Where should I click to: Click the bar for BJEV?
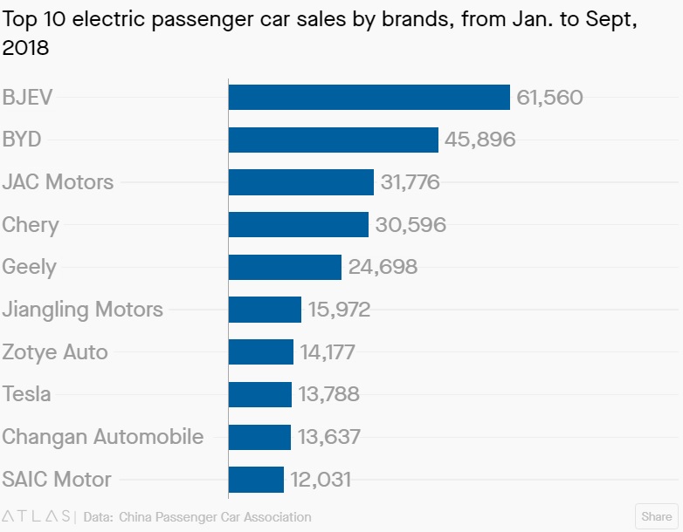point(369,98)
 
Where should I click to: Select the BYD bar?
point(333,140)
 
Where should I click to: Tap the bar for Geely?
point(285,267)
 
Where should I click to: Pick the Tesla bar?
point(259,394)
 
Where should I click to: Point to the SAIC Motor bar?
point(256,480)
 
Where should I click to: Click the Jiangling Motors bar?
point(265,310)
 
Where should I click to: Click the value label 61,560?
point(549,98)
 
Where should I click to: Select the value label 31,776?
point(410,182)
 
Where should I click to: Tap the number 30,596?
point(410,225)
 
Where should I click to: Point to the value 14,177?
point(328,352)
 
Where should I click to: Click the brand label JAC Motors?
point(58,182)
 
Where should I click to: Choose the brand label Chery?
point(31,225)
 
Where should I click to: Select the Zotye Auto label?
point(55,352)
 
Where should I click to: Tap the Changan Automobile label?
point(103,437)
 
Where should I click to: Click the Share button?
point(657,516)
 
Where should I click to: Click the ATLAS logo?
point(38,516)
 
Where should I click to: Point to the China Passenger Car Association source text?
point(215,517)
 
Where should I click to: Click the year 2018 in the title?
point(25,49)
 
